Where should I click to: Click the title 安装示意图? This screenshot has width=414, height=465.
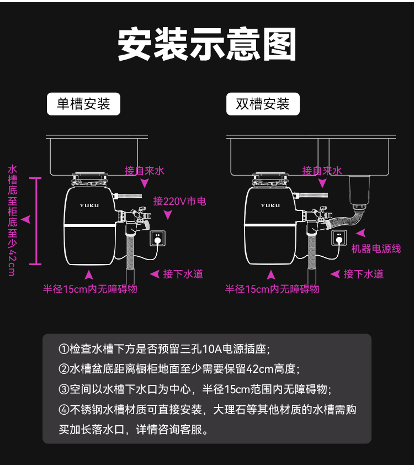click(x=207, y=44)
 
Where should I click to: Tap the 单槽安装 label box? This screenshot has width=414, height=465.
click(x=83, y=104)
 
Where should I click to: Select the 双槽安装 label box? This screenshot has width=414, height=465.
click(x=263, y=104)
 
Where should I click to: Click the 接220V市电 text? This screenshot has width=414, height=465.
click(x=179, y=202)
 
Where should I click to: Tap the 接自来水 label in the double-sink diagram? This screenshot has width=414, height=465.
click(x=322, y=171)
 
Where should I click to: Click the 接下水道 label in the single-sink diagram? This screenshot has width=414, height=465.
click(x=183, y=274)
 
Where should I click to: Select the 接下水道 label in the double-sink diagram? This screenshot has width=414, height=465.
click(x=363, y=274)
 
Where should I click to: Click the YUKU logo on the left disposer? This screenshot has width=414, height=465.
click(x=89, y=205)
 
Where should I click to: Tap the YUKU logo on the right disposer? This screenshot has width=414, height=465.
click(x=270, y=205)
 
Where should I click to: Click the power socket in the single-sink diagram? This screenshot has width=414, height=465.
click(x=158, y=238)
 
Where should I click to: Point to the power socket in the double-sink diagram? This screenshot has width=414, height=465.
click(x=338, y=238)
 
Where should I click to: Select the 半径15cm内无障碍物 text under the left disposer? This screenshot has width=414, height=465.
click(x=90, y=289)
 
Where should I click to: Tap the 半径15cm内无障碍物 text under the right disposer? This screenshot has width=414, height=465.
click(x=272, y=289)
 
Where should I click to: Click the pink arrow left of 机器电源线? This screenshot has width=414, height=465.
click(x=360, y=234)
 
